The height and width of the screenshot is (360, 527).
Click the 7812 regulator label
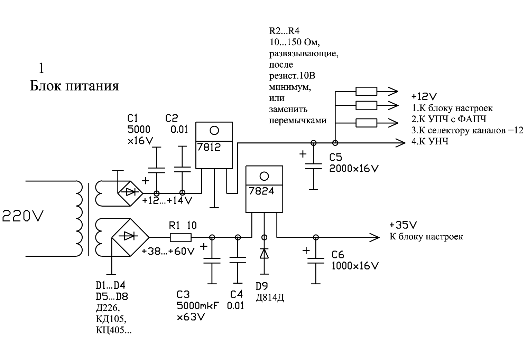(x=209, y=148)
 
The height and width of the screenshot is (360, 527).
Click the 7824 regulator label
(x=259, y=190)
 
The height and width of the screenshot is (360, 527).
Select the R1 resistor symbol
(x=181, y=237)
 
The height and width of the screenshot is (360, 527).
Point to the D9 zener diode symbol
(x=264, y=253)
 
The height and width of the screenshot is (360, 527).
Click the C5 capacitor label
(x=335, y=158)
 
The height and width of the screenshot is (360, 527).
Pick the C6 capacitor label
(x=338, y=255)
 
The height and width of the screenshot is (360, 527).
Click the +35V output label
(x=403, y=226)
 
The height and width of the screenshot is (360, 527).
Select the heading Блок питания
(x=74, y=86)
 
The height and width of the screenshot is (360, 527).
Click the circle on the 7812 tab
(x=214, y=131)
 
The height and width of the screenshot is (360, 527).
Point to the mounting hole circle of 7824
(x=264, y=176)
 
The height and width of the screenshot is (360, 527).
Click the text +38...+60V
(x=168, y=252)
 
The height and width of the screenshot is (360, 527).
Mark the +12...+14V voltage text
(x=167, y=200)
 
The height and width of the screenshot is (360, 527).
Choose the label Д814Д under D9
(x=270, y=297)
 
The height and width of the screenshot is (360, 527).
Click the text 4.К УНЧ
(x=430, y=141)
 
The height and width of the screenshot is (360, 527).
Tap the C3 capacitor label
(x=183, y=295)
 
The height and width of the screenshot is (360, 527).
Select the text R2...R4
(x=284, y=31)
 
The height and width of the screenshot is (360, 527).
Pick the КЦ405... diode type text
(x=113, y=331)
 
